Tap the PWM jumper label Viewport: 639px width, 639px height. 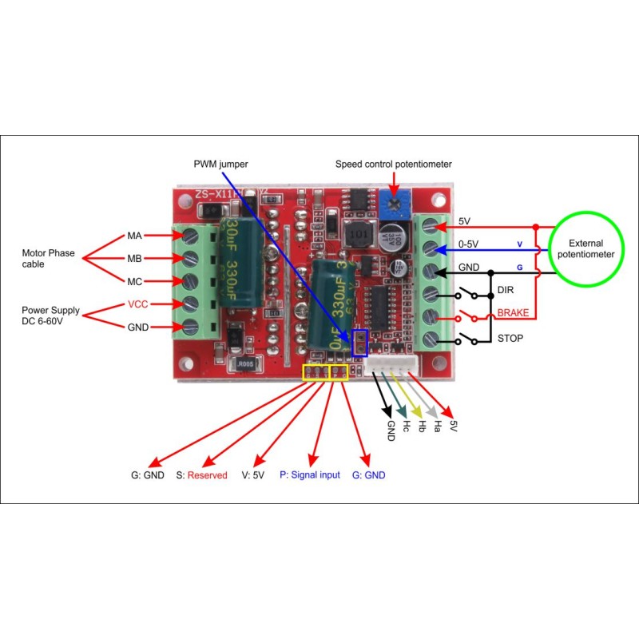tap(220, 164)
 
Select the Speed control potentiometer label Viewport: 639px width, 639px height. tap(393, 164)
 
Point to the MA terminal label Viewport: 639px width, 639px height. tap(134, 236)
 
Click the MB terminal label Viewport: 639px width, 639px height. tap(134, 259)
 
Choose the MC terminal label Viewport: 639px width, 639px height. tap(134, 281)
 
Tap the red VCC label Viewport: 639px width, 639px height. tap(137, 304)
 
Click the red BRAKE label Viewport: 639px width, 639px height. tap(513, 313)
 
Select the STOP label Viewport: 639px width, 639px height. tap(510, 338)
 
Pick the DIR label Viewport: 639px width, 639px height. tap(505, 289)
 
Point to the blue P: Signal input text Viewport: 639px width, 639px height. tap(309, 474)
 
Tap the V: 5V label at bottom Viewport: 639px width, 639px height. tap(252, 474)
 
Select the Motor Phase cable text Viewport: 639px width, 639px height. tap(48, 259)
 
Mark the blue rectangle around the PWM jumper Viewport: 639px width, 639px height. tap(359, 343)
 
